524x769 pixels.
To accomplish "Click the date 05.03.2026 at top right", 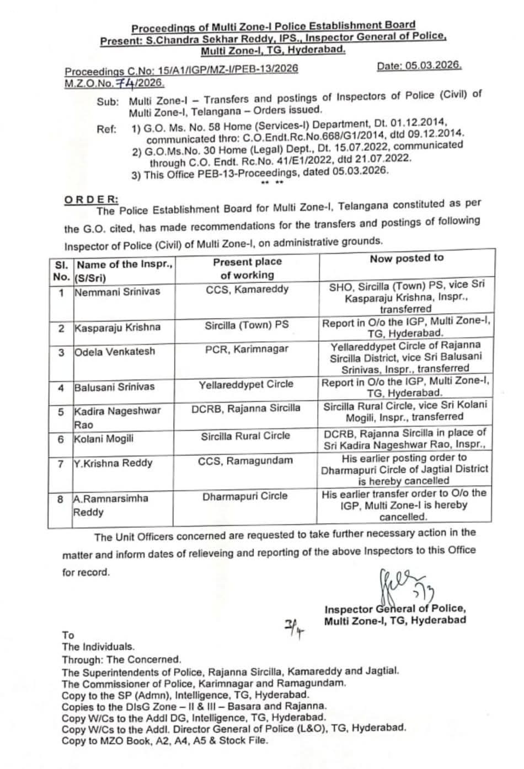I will (419, 65).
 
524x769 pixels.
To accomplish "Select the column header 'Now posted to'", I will (407, 258).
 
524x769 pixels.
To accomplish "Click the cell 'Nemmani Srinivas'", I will (117, 291).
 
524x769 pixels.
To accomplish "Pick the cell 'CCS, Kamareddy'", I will (247, 289).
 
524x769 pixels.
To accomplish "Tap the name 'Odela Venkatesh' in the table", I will (115, 351).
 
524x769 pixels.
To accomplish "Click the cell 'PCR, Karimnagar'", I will (247, 348).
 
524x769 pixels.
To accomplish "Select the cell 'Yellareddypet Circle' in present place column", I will (246, 384).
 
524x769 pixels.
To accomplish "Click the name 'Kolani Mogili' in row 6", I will (104, 439).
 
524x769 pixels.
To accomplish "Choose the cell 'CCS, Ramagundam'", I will (245, 460).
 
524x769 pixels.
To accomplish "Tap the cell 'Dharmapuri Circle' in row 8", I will (245, 496).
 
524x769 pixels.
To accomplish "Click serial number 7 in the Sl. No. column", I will (60, 464).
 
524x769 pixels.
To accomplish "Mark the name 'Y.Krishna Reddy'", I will (113, 463).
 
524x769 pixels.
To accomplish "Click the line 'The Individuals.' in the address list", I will (98, 647).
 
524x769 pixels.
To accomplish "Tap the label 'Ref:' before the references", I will (106, 129).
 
